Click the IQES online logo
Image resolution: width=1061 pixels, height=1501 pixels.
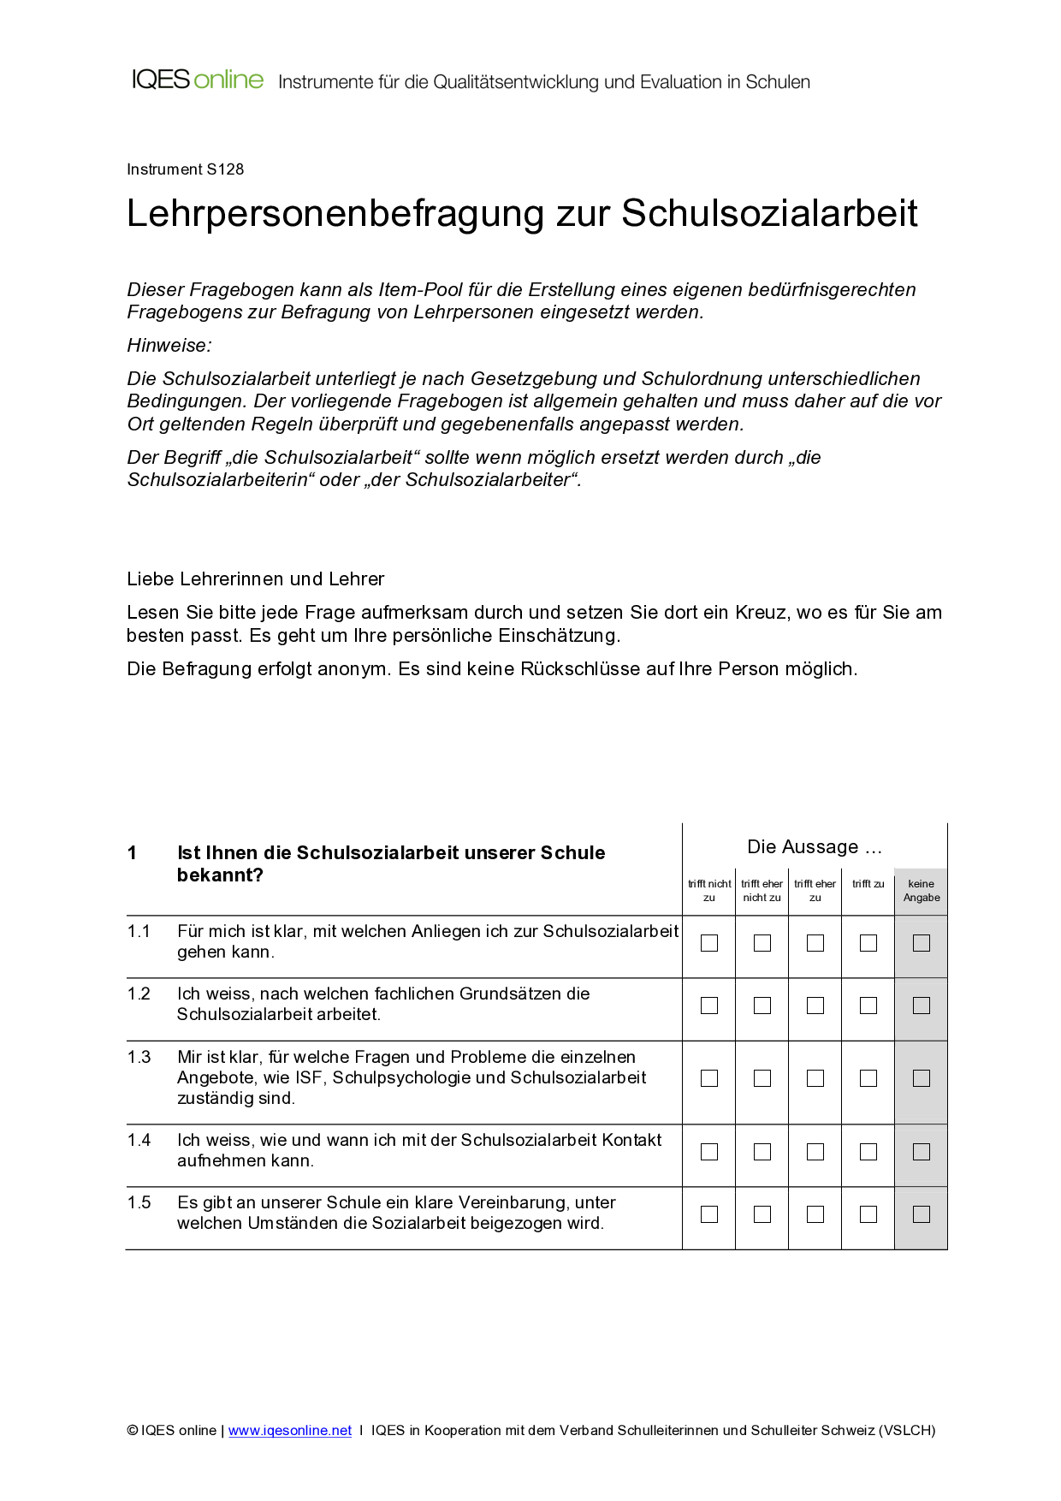click(x=198, y=80)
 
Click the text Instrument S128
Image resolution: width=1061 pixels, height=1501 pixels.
click(x=185, y=169)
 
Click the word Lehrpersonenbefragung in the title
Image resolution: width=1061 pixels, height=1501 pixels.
click(x=335, y=214)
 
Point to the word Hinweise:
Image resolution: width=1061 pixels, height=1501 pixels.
click(x=169, y=346)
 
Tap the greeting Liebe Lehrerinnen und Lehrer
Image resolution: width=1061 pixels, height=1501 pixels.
click(x=255, y=579)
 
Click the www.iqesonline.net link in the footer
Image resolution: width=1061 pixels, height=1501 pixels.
click(x=290, y=1431)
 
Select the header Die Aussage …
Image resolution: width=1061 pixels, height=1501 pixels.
click(x=814, y=847)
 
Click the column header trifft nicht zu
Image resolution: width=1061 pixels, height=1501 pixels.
click(x=709, y=891)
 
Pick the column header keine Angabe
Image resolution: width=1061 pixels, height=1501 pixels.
click(x=922, y=891)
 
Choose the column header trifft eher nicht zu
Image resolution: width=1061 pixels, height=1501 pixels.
click(x=762, y=891)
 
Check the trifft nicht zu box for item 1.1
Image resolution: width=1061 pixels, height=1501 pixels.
click(x=709, y=943)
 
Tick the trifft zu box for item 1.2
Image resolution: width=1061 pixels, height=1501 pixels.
click(x=868, y=1006)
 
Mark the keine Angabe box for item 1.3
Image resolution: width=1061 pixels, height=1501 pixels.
click(x=922, y=1078)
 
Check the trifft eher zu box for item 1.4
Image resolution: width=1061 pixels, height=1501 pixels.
click(x=815, y=1152)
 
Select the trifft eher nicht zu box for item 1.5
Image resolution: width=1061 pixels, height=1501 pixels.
click(x=762, y=1214)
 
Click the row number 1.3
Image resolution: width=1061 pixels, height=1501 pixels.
click(x=139, y=1058)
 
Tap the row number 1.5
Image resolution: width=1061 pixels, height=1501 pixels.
click(x=139, y=1203)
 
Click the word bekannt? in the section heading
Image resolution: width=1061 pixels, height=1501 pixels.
click(x=220, y=875)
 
